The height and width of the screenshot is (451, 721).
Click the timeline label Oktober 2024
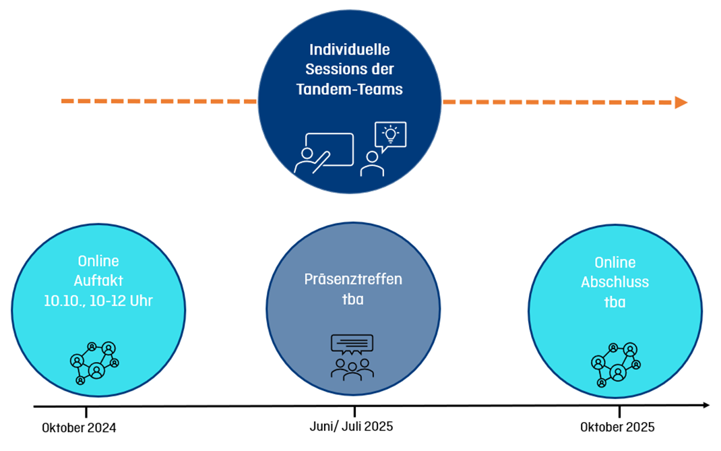point(79,427)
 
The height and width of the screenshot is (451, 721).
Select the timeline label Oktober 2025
point(617,427)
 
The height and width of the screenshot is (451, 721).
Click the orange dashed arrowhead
point(681,102)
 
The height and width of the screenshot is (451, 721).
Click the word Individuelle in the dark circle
point(350,50)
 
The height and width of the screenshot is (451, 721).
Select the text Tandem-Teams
point(350,89)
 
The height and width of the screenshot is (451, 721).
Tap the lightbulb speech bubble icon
point(390,135)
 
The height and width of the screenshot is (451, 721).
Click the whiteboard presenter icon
point(323,154)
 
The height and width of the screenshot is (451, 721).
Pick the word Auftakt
point(98,281)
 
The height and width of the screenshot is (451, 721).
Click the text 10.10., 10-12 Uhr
point(98,301)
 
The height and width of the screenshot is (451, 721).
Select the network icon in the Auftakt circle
point(94,362)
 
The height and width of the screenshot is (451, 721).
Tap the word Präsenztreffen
point(352,280)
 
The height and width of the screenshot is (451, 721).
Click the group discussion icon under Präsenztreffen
point(352,357)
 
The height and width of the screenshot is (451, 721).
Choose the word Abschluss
point(615,282)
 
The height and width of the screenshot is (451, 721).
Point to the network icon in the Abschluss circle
point(614,364)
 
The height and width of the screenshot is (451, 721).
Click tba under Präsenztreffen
point(352,299)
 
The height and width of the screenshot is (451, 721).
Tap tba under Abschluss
point(615,303)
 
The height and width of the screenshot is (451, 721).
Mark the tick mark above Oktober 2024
point(86,411)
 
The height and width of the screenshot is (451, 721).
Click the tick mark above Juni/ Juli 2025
point(354,411)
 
